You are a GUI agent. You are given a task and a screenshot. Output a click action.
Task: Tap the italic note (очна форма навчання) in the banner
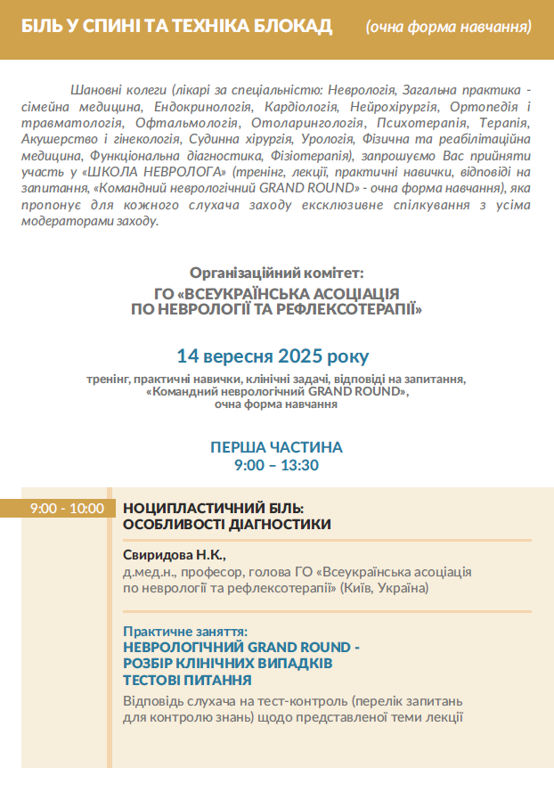coord(448,26)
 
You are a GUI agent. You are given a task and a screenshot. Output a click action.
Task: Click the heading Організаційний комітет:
coord(277,273)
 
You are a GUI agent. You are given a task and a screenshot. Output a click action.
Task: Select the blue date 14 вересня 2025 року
coord(273,356)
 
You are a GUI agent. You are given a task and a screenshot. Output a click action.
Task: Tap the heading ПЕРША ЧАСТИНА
coord(276,447)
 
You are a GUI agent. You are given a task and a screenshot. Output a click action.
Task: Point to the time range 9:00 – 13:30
coord(276,465)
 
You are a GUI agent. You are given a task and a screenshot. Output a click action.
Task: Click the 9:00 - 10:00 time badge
coord(67,509)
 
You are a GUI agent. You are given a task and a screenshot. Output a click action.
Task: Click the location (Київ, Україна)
coord(385,588)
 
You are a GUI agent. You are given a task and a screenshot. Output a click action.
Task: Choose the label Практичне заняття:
coord(184,631)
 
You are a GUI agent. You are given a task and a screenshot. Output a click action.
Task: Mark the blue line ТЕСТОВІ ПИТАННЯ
coord(186,680)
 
